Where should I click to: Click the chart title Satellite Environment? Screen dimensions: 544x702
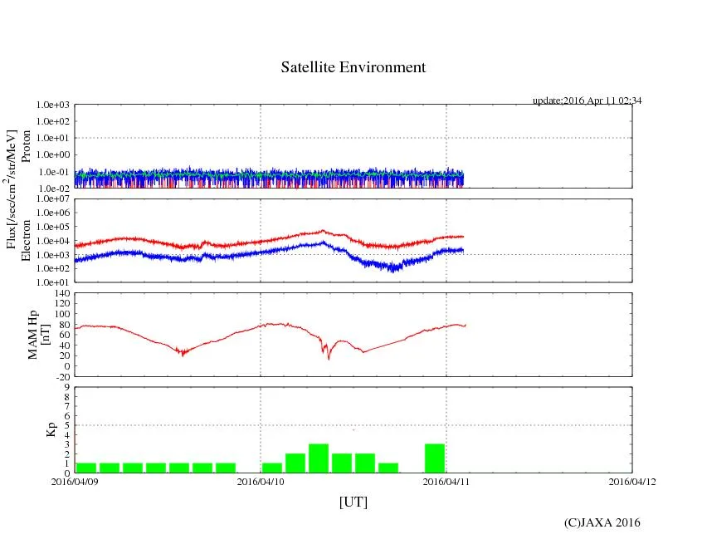(353, 67)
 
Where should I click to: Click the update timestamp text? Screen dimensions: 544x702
(587, 100)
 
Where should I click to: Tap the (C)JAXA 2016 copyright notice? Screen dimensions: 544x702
(602, 522)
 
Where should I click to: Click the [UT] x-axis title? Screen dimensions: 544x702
(353, 502)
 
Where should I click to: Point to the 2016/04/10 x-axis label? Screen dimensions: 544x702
(261, 480)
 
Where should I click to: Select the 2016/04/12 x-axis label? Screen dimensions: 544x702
(632, 480)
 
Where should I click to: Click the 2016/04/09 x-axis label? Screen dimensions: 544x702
(75, 480)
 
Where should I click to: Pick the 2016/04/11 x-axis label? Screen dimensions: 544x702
(446, 480)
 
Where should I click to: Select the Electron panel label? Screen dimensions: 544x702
(26, 241)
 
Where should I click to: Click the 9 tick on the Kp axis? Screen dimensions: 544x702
(66, 386)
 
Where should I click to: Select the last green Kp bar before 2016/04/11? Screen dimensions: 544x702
(435, 458)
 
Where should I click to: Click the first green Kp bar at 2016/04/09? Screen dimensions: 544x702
(86, 468)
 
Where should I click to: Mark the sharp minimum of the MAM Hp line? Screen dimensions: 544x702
(329, 359)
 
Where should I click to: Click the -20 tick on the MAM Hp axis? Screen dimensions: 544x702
(61, 376)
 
